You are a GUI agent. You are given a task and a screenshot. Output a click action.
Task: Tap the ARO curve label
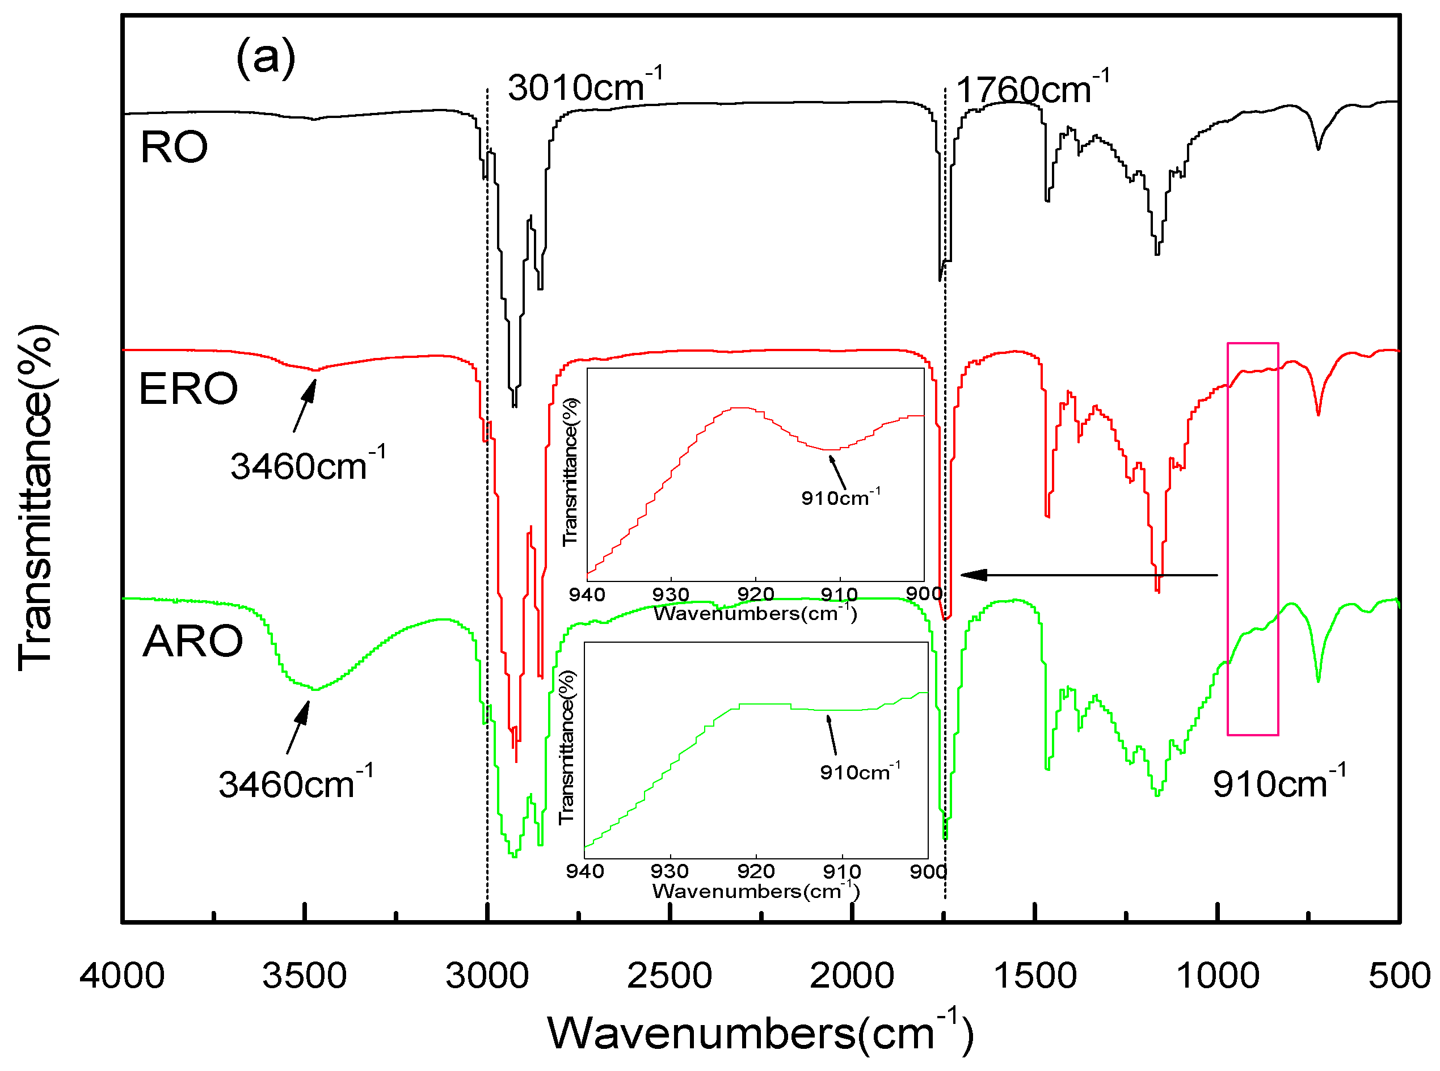click(192, 642)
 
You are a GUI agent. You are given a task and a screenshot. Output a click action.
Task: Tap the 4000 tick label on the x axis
click(122, 976)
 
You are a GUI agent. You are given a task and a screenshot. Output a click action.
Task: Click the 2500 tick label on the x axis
click(669, 976)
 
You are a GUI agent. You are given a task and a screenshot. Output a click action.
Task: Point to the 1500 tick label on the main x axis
click(1035, 976)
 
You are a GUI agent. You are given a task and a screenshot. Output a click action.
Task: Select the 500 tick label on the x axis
click(1399, 976)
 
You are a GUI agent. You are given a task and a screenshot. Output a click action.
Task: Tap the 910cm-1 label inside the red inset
click(840, 497)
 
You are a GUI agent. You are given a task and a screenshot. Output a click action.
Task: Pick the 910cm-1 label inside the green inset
click(859, 771)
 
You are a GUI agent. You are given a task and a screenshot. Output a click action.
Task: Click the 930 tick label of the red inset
click(671, 594)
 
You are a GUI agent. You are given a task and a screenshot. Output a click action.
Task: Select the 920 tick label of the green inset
click(755, 871)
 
